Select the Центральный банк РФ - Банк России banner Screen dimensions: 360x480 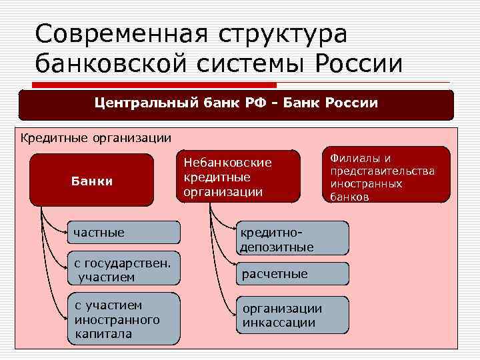point(236,104)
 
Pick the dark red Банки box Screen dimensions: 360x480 point(92,181)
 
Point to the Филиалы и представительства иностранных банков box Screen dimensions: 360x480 point(386,175)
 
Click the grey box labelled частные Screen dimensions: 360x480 point(123,233)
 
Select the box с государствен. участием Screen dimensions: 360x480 point(123,269)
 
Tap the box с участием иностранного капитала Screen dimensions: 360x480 point(123,319)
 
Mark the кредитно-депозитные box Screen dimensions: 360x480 point(291,237)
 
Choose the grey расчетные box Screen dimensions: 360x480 point(291,274)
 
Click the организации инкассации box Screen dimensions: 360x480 point(291,315)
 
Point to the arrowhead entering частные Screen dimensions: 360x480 point(65,233)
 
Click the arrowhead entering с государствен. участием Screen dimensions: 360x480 point(65,269)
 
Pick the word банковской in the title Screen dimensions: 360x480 point(117,64)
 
